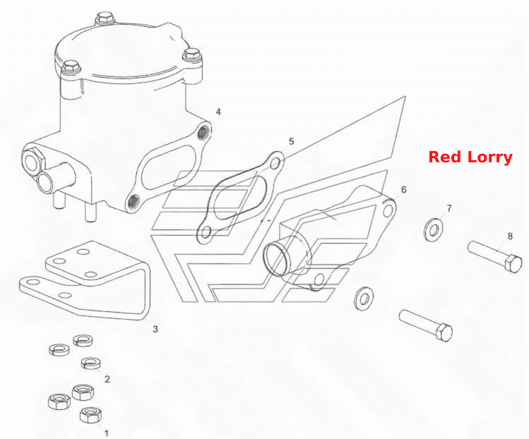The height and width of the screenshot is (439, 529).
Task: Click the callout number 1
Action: [x=107, y=433]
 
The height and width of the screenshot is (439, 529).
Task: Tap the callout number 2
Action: [x=107, y=379]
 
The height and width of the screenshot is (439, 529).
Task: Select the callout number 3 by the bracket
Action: [x=155, y=329]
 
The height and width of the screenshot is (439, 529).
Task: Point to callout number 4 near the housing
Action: [x=218, y=112]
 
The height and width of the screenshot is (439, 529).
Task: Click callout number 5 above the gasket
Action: [x=292, y=141]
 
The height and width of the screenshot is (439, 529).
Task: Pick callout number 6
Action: [x=404, y=189]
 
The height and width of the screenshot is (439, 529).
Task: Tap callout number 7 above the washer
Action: [x=449, y=208]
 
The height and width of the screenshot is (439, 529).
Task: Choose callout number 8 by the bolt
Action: [x=510, y=236]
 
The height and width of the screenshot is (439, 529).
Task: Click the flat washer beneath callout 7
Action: [x=434, y=230]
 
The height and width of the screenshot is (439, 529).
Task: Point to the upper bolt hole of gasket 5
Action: [x=275, y=164]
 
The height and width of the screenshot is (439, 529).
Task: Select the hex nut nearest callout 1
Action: [x=90, y=415]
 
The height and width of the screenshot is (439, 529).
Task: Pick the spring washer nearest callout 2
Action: [x=91, y=363]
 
